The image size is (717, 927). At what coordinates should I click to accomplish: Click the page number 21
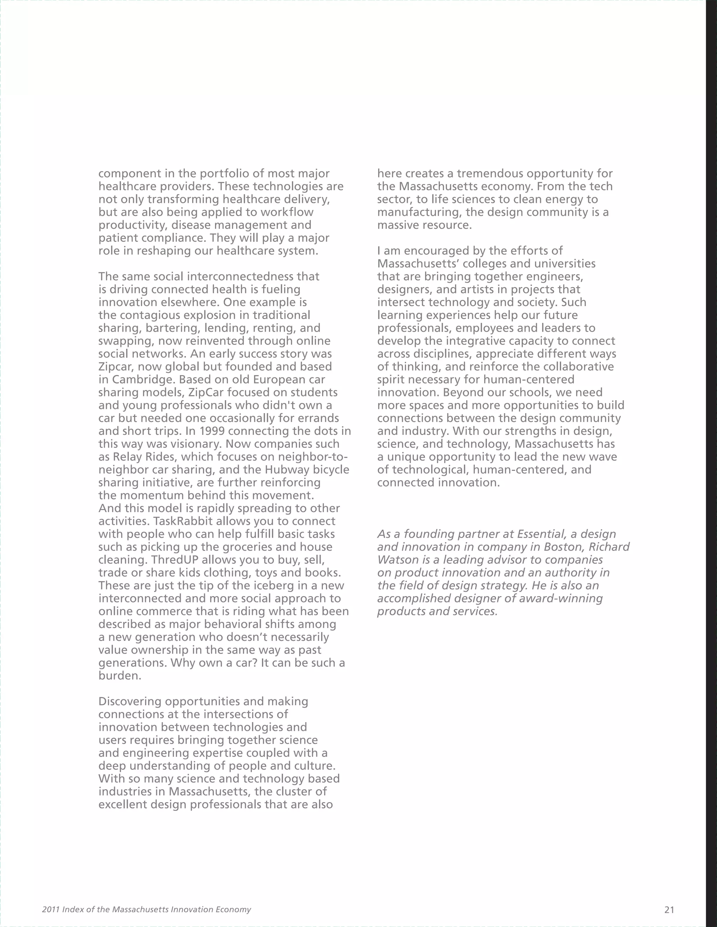click(x=669, y=910)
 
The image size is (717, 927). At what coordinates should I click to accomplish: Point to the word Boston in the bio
click(x=564, y=547)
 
